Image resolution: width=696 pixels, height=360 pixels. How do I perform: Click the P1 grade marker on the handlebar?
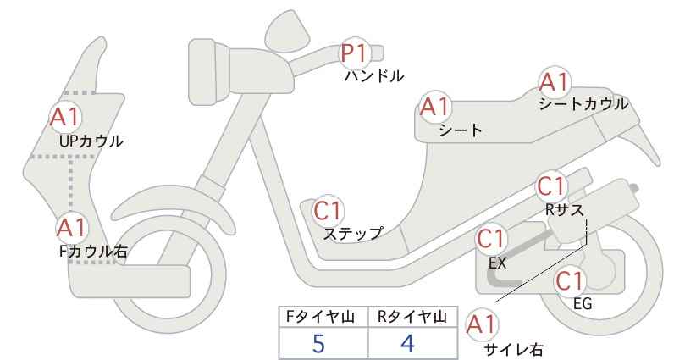pyautogui.click(x=355, y=53)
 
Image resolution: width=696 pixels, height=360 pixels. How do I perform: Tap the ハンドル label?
pyautogui.click(x=374, y=76)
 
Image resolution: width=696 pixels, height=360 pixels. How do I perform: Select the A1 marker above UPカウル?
pyautogui.click(x=65, y=117)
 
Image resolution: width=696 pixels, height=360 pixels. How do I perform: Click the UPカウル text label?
pyautogui.click(x=91, y=141)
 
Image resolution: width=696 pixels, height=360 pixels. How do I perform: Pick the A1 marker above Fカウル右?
pyautogui.click(x=71, y=228)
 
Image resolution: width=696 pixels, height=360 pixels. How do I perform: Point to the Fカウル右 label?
pyautogui.click(x=93, y=252)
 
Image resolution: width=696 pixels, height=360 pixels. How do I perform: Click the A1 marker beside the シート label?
pyautogui.click(x=435, y=107)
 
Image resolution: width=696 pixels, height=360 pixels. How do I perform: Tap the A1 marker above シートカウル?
pyautogui.click(x=555, y=82)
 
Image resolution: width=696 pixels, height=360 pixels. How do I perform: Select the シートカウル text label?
pyautogui.click(x=583, y=104)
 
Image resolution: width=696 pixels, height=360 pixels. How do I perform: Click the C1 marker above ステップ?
pyautogui.click(x=329, y=210)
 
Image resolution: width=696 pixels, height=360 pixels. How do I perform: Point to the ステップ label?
pyautogui.click(x=352, y=234)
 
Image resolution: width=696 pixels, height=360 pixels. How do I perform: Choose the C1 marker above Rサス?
pyautogui.click(x=552, y=186)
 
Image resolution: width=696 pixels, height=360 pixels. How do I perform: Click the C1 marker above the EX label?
pyautogui.click(x=491, y=239)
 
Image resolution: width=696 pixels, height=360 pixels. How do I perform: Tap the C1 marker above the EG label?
pyautogui.click(x=571, y=280)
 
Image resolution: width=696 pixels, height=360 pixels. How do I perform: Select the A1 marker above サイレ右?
pyautogui.click(x=482, y=325)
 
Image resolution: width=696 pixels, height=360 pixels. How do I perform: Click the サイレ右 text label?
pyautogui.click(x=514, y=350)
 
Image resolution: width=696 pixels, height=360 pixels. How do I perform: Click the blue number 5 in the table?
pyautogui.click(x=318, y=343)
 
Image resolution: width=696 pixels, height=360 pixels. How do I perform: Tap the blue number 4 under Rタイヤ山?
pyautogui.click(x=407, y=343)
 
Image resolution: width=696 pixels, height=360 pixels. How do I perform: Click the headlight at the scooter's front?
pyautogui.click(x=208, y=71)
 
